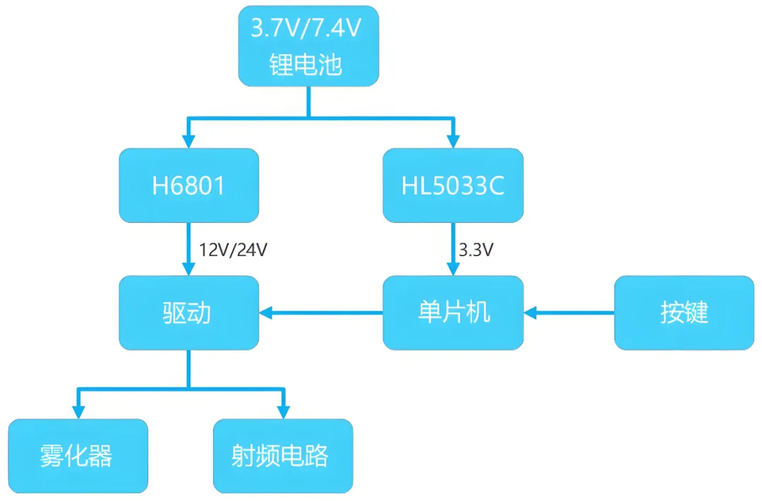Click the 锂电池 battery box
click(308, 47)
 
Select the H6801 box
click(188, 186)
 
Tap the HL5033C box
click(453, 186)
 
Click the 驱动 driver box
click(188, 313)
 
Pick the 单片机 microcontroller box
click(453, 313)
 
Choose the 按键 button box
click(684, 313)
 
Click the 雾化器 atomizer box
click(78, 456)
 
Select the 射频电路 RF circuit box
click(282, 456)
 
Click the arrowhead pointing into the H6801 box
click(188, 140)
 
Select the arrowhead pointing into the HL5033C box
click(453, 140)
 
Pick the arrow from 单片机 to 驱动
click(321, 313)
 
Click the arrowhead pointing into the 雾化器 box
click(78, 411)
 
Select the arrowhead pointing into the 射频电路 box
click(284, 411)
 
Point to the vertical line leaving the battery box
click(308, 101)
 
